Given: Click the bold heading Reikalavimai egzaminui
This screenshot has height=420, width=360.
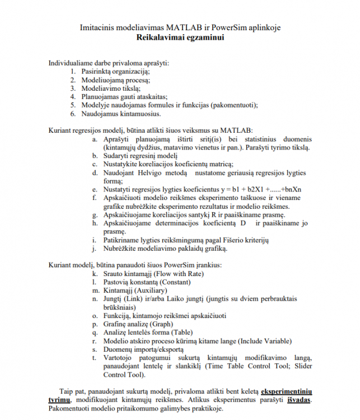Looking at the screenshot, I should pyautogui.click(x=180, y=38).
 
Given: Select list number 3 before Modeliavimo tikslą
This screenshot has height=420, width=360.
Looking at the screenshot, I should pyautogui.click(x=73, y=88).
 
